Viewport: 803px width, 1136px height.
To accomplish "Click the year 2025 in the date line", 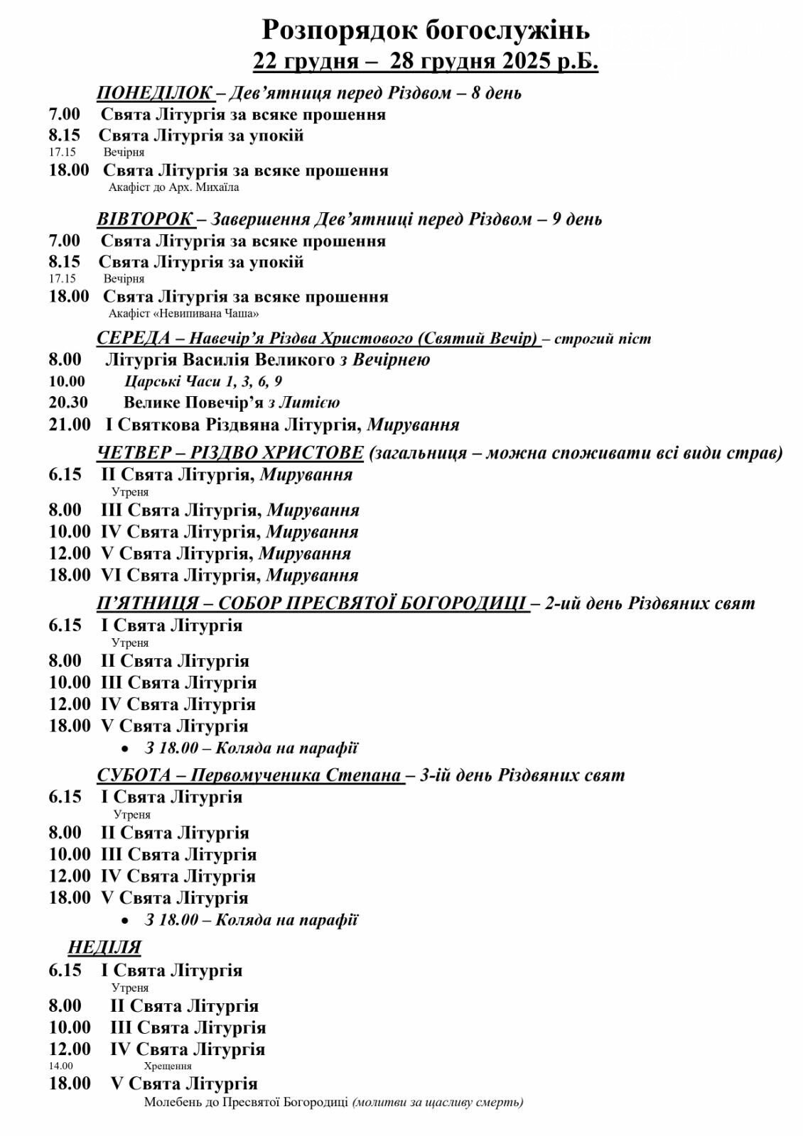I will click(x=527, y=62).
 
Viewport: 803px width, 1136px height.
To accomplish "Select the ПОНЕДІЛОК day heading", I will click(x=154, y=93).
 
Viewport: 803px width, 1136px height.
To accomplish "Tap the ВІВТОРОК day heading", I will click(x=144, y=219).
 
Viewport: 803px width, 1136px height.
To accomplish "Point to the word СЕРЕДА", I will click(x=133, y=338).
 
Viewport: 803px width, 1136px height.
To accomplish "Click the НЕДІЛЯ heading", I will click(x=104, y=947).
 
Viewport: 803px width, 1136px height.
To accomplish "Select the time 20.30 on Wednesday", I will click(x=68, y=403).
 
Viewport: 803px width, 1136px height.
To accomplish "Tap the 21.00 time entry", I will click(x=70, y=425).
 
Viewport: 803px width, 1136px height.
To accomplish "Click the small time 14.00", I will click(x=60, y=1066).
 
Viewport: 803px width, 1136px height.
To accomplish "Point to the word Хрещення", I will click(x=168, y=1066).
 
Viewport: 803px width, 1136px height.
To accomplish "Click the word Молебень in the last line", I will click(x=176, y=1103).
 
